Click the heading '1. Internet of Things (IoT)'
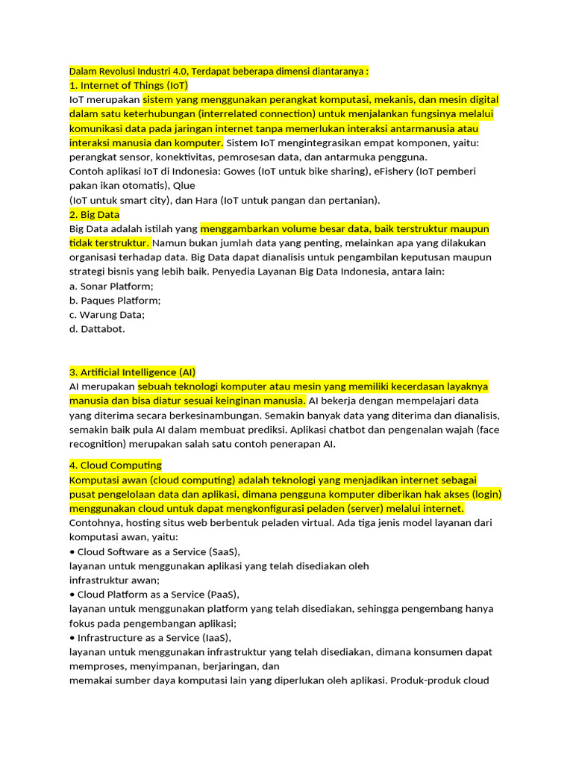pos(128,86)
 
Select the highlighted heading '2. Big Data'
pos(94,215)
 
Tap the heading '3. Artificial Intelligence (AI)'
pos(132,372)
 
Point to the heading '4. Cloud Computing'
pos(115,466)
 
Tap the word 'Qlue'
pos(187,186)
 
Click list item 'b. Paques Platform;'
pos(114,301)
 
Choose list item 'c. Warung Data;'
pos(107,315)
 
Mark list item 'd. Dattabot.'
pos(97,329)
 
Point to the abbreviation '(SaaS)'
pos(220,552)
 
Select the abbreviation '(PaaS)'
pos(219,595)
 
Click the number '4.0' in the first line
pos(178,72)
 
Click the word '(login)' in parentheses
pos(486,495)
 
